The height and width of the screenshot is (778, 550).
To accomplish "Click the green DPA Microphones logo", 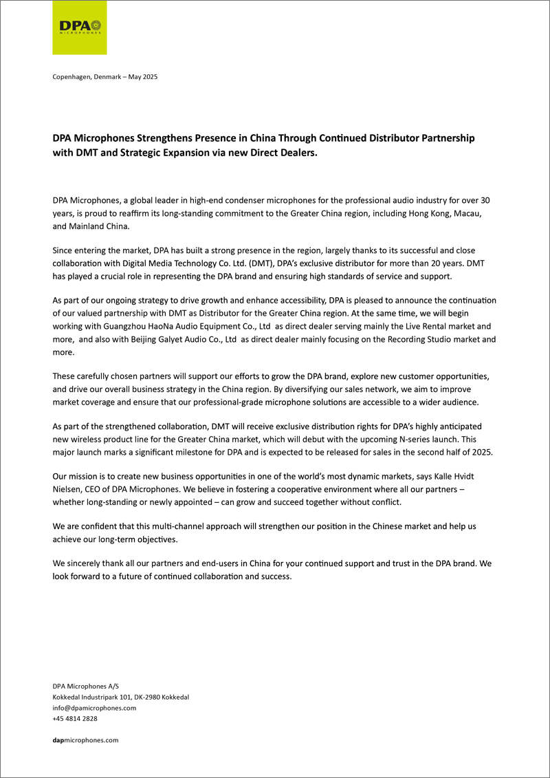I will [x=80, y=28].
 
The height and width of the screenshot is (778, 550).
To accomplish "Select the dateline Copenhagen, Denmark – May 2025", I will [x=105, y=76].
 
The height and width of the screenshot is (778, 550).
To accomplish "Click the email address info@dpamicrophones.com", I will [x=94, y=707].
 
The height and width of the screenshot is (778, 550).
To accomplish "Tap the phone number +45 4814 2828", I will [x=75, y=718].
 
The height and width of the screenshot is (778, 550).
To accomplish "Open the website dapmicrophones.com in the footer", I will [x=86, y=739].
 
